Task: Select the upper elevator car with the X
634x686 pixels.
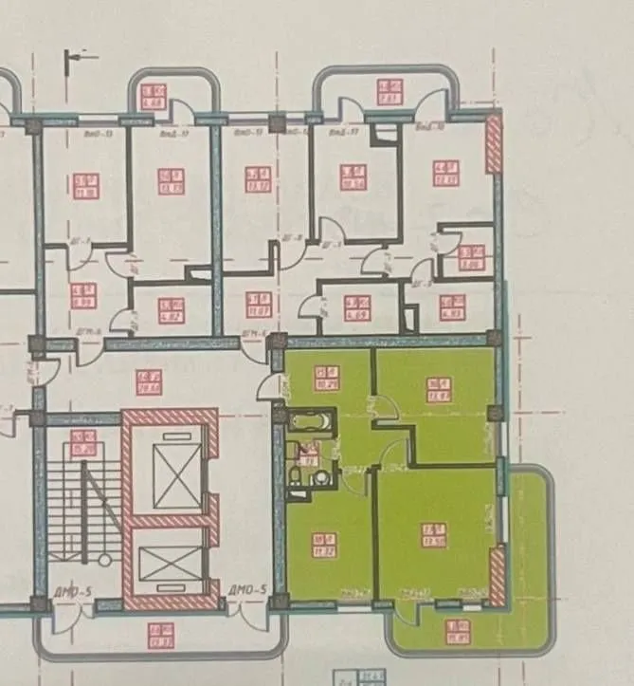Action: pyautogui.click(x=172, y=472)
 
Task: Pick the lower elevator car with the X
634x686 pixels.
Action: pyautogui.click(x=166, y=563)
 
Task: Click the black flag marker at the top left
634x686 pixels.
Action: pyautogui.click(x=75, y=58)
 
